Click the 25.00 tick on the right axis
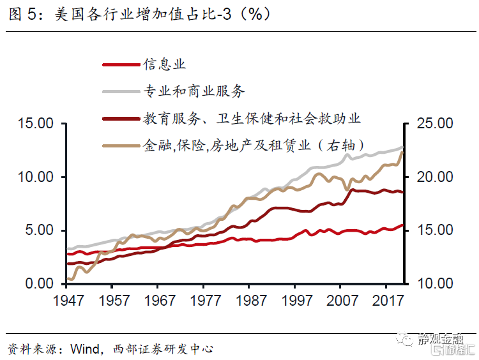pyautogui.click(x=434, y=123)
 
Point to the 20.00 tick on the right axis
pyautogui.click(x=434, y=177)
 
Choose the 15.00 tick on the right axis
pyautogui.click(x=434, y=230)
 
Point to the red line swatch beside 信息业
pyautogui.click(x=121, y=64)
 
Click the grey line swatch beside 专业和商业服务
pyautogui.click(x=121, y=91)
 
